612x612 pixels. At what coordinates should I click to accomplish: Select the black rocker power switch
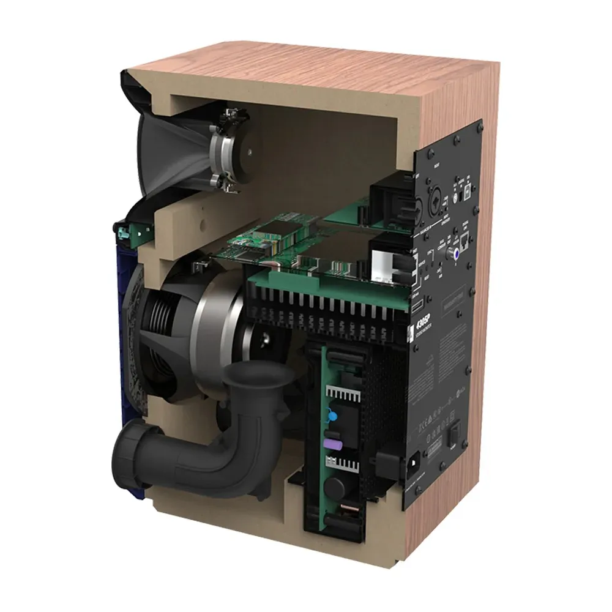click(x=454, y=435)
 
